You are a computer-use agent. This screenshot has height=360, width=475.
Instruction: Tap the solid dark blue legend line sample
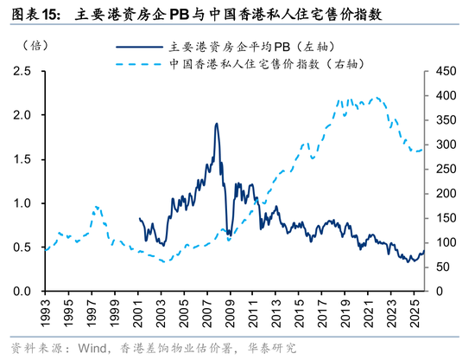[x=137, y=47]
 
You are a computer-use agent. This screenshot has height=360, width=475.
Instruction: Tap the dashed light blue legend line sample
[x=137, y=64]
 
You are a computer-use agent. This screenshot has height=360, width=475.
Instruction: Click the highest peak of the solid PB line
[x=216, y=124]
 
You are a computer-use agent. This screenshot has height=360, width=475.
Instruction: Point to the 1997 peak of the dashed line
[x=96, y=207]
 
